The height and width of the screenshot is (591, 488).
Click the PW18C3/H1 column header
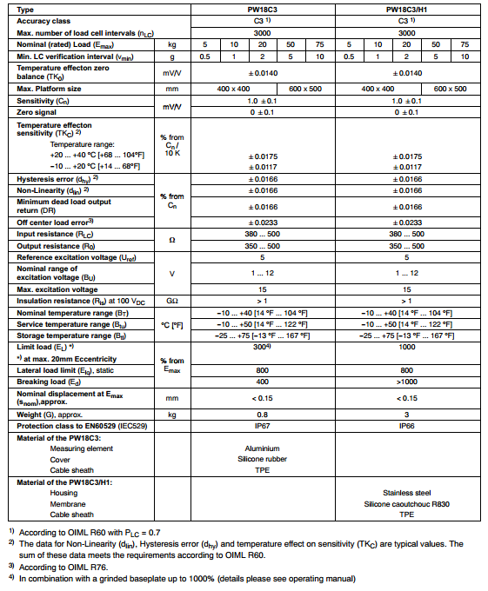point(406,8)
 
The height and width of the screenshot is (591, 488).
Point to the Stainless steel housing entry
point(406,493)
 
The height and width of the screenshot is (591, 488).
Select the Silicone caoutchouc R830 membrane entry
point(406,504)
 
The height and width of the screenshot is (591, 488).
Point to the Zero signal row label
point(39,112)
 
